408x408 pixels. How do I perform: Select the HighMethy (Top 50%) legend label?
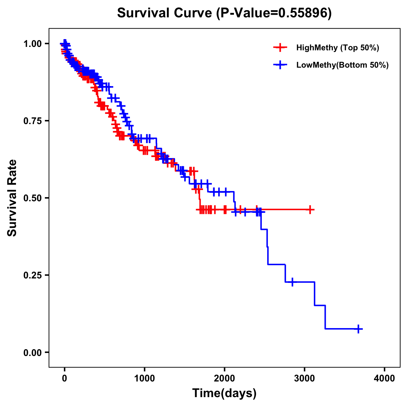tap(337, 48)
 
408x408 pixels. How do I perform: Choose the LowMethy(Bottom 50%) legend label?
tap(342, 65)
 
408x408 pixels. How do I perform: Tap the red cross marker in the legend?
tap(280, 48)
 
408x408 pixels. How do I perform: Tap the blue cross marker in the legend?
tap(280, 65)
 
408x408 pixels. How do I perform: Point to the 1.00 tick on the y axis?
tap(32, 44)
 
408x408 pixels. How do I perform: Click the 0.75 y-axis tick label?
tap(32, 121)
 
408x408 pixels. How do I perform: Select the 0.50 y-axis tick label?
tap(32, 198)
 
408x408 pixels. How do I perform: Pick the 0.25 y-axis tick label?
tap(32, 275)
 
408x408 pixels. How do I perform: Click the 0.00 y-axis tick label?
tap(32, 353)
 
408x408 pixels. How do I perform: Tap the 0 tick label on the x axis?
tap(65, 378)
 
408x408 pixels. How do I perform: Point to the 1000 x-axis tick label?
tap(144, 378)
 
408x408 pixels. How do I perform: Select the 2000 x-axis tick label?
tap(224, 378)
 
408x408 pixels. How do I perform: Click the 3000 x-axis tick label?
tap(305, 378)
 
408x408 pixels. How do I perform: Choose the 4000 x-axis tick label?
tap(385, 378)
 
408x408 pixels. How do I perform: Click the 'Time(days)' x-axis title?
tap(224, 393)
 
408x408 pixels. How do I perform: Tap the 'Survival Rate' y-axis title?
tap(12, 198)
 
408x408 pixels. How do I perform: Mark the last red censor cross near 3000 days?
tap(310, 209)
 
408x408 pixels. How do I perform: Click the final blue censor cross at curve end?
tap(358, 329)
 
